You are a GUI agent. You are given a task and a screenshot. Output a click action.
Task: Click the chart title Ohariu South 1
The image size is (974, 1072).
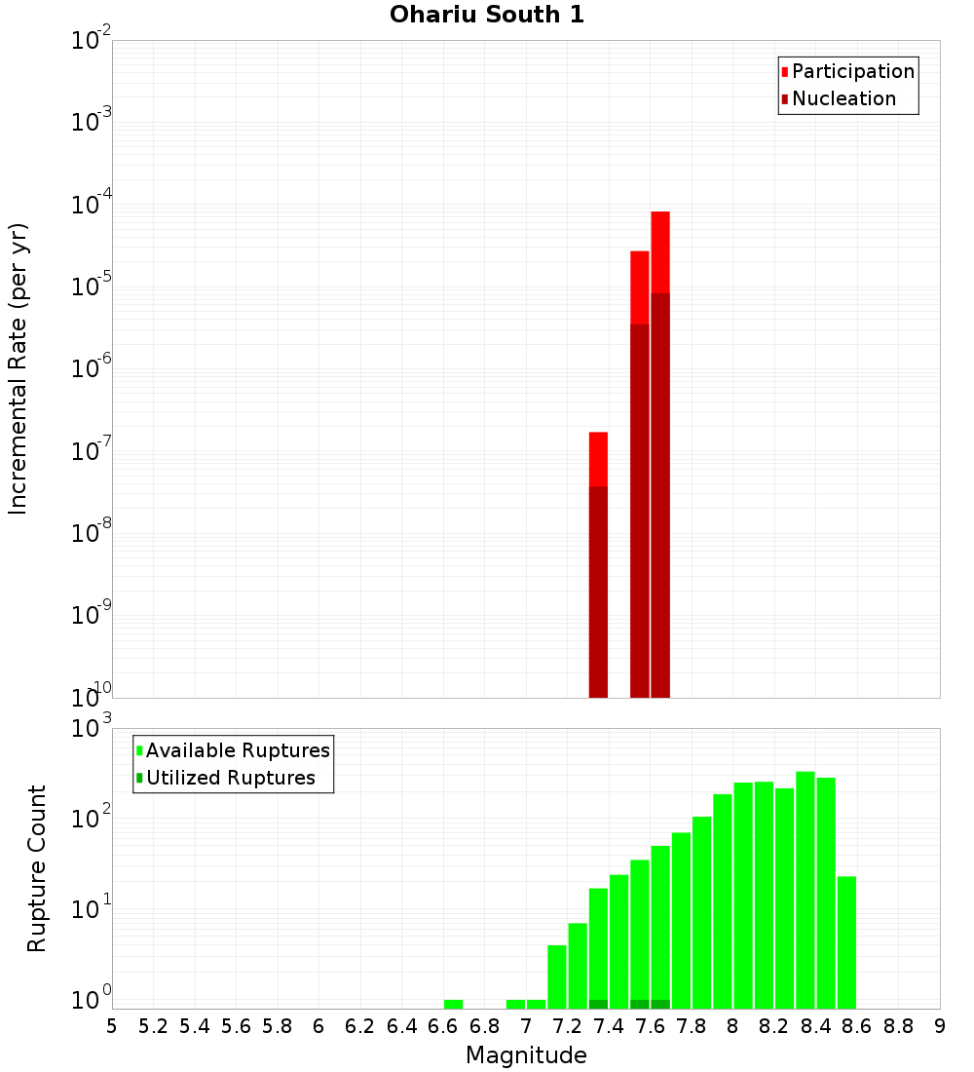(x=487, y=16)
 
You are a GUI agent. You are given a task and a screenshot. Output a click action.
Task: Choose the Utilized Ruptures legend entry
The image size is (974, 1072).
(x=230, y=778)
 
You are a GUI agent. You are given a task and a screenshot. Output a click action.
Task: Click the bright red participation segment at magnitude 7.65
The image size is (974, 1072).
(x=660, y=251)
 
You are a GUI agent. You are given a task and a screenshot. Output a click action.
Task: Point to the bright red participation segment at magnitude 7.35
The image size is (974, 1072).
(x=598, y=459)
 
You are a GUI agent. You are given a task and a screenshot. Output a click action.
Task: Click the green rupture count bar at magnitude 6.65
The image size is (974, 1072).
(x=453, y=1004)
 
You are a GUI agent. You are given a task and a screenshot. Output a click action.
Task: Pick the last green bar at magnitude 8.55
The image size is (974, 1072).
(x=846, y=941)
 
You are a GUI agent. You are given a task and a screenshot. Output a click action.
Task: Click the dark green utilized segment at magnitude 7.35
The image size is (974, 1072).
(x=598, y=1004)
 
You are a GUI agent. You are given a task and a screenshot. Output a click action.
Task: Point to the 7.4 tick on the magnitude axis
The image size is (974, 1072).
(x=609, y=1026)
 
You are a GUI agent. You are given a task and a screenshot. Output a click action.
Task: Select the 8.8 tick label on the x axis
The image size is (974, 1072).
(x=899, y=1026)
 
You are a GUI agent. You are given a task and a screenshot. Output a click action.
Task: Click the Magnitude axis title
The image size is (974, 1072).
(x=526, y=1055)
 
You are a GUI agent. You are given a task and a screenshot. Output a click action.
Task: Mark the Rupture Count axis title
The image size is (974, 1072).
(x=37, y=868)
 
